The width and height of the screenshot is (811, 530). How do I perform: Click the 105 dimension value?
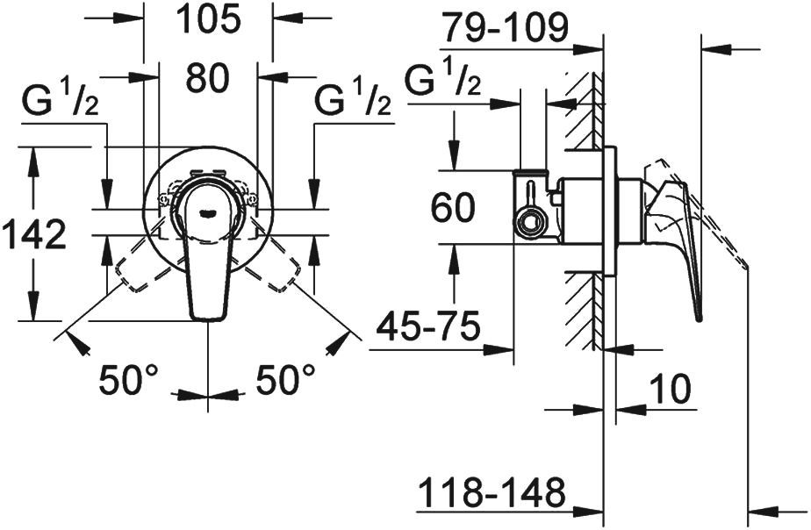coord(207,19)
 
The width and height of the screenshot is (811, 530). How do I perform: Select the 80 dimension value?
coord(207,79)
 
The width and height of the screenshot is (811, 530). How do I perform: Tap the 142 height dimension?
coord(33,234)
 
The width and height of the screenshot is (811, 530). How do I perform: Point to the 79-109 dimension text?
coord(504,30)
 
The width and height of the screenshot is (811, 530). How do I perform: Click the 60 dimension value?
coord(453,209)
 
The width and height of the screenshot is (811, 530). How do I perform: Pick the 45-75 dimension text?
coord(428,328)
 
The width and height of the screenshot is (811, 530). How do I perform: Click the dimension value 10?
coord(671,388)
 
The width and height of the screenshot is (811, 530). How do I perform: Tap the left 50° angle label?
coord(128,380)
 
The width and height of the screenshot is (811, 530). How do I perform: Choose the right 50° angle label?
coord(286,380)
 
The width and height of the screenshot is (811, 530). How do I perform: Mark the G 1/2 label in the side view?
coord(444,82)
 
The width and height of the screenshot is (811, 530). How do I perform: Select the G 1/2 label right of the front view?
coord(354,103)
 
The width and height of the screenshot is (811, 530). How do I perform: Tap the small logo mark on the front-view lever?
coord(207,211)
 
